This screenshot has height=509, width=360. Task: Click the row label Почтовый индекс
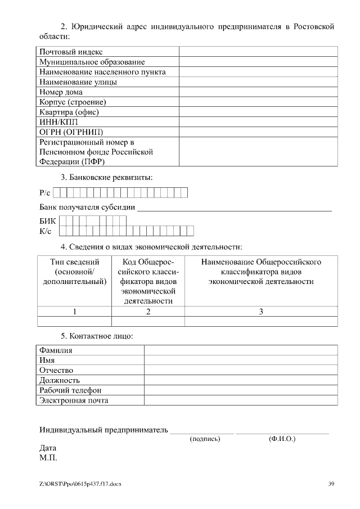point(70,52)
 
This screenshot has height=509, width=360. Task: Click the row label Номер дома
point(61,92)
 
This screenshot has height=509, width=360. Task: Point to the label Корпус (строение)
point(73,102)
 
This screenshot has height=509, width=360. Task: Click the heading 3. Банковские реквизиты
point(107,177)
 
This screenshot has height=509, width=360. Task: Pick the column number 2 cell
point(148,312)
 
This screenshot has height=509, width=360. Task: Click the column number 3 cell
point(261,312)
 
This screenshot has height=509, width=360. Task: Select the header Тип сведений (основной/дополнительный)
point(74,272)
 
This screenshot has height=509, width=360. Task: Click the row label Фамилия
point(56,350)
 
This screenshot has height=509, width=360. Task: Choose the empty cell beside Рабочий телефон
point(241,390)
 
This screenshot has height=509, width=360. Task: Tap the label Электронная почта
point(74,400)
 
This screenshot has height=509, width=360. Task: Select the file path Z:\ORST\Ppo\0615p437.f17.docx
point(80,484)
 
